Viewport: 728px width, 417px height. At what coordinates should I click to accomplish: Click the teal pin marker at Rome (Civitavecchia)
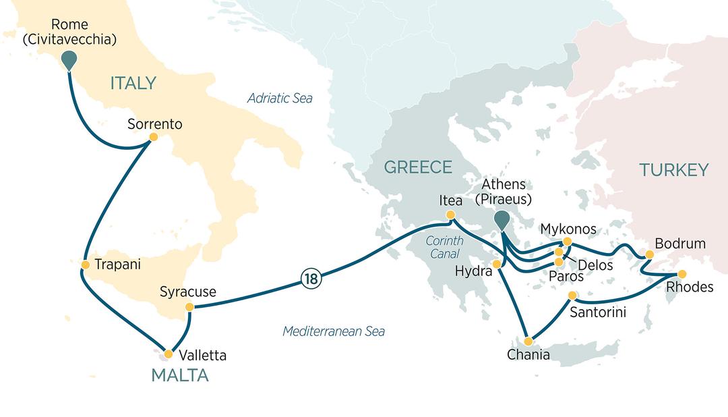pyautogui.click(x=69, y=59)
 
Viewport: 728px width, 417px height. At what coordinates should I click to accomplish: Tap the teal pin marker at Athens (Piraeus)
pyautogui.click(x=502, y=219)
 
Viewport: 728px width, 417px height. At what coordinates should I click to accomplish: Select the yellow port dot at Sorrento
pyautogui.click(x=154, y=137)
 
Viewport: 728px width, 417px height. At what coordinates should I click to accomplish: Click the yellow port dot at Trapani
pyautogui.click(x=86, y=264)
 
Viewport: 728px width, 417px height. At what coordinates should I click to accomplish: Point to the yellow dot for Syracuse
pyautogui.click(x=189, y=307)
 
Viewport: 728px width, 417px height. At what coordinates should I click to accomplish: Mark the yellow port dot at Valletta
pyautogui.click(x=169, y=354)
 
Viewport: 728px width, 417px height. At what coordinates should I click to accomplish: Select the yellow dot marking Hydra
pyautogui.click(x=497, y=265)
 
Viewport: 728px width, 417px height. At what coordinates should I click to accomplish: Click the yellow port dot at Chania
pyautogui.click(x=530, y=341)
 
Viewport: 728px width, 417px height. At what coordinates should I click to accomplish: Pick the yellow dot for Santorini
pyautogui.click(x=572, y=296)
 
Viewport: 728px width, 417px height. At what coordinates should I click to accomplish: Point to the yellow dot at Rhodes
pyautogui.click(x=681, y=274)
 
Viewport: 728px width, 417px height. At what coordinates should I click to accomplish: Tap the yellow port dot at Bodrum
pyautogui.click(x=649, y=254)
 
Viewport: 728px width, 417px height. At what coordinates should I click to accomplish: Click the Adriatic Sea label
pyautogui.click(x=280, y=99)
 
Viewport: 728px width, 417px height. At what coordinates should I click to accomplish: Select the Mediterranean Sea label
pyautogui.click(x=334, y=331)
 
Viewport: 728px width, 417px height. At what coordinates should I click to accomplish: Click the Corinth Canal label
pyautogui.click(x=444, y=247)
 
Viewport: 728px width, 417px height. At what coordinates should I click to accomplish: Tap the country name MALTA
pyautogui.click(x=179, y=376)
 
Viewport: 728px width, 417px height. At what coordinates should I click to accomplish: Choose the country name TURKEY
pyautogui.click(x=675, y=170)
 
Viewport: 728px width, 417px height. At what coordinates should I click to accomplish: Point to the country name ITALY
pyautogui.click(x=133, y=84)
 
